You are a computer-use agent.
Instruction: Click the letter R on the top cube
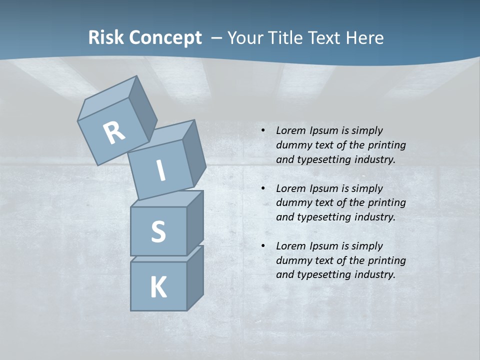[114, 133]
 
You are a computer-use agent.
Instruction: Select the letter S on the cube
[158, 231]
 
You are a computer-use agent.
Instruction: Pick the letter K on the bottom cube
[158, 288]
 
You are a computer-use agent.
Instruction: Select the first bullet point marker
[263, 130]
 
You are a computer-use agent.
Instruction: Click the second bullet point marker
[263, 188]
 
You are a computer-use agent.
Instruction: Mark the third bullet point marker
[263, 246]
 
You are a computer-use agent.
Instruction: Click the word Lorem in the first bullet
[290, 130]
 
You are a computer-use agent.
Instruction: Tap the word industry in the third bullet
[374, 274]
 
